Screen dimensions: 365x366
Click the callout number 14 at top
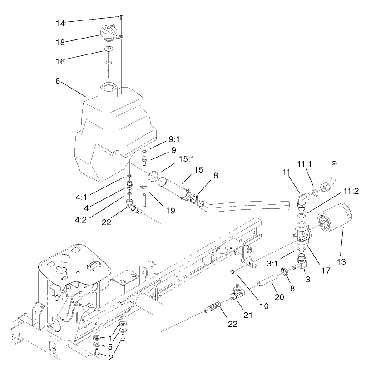pos(61,22)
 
